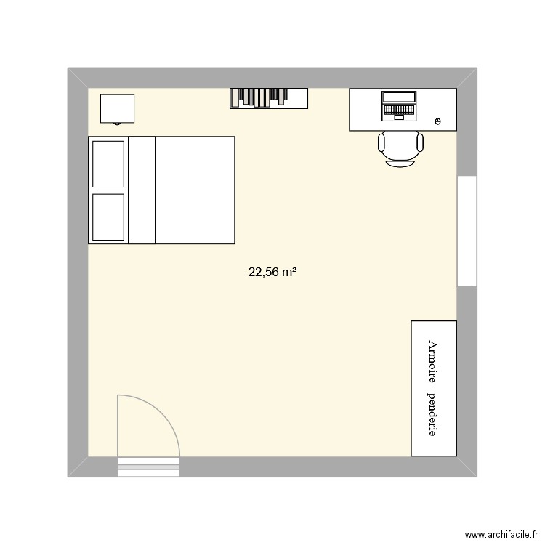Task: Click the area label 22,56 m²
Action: [272, 272]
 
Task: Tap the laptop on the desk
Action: [399, 105]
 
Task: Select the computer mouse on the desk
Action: [437, 121]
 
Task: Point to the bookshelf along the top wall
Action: [269, 97]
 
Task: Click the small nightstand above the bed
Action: [117, 108]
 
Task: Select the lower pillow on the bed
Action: [108, 216]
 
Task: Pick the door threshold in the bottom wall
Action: [148, 467]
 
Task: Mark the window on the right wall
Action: [466, 231]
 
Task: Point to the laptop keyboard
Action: [399, 111]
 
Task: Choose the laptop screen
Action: [399, 97]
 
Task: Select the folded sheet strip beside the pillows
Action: [142, 190]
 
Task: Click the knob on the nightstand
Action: [117, 123]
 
